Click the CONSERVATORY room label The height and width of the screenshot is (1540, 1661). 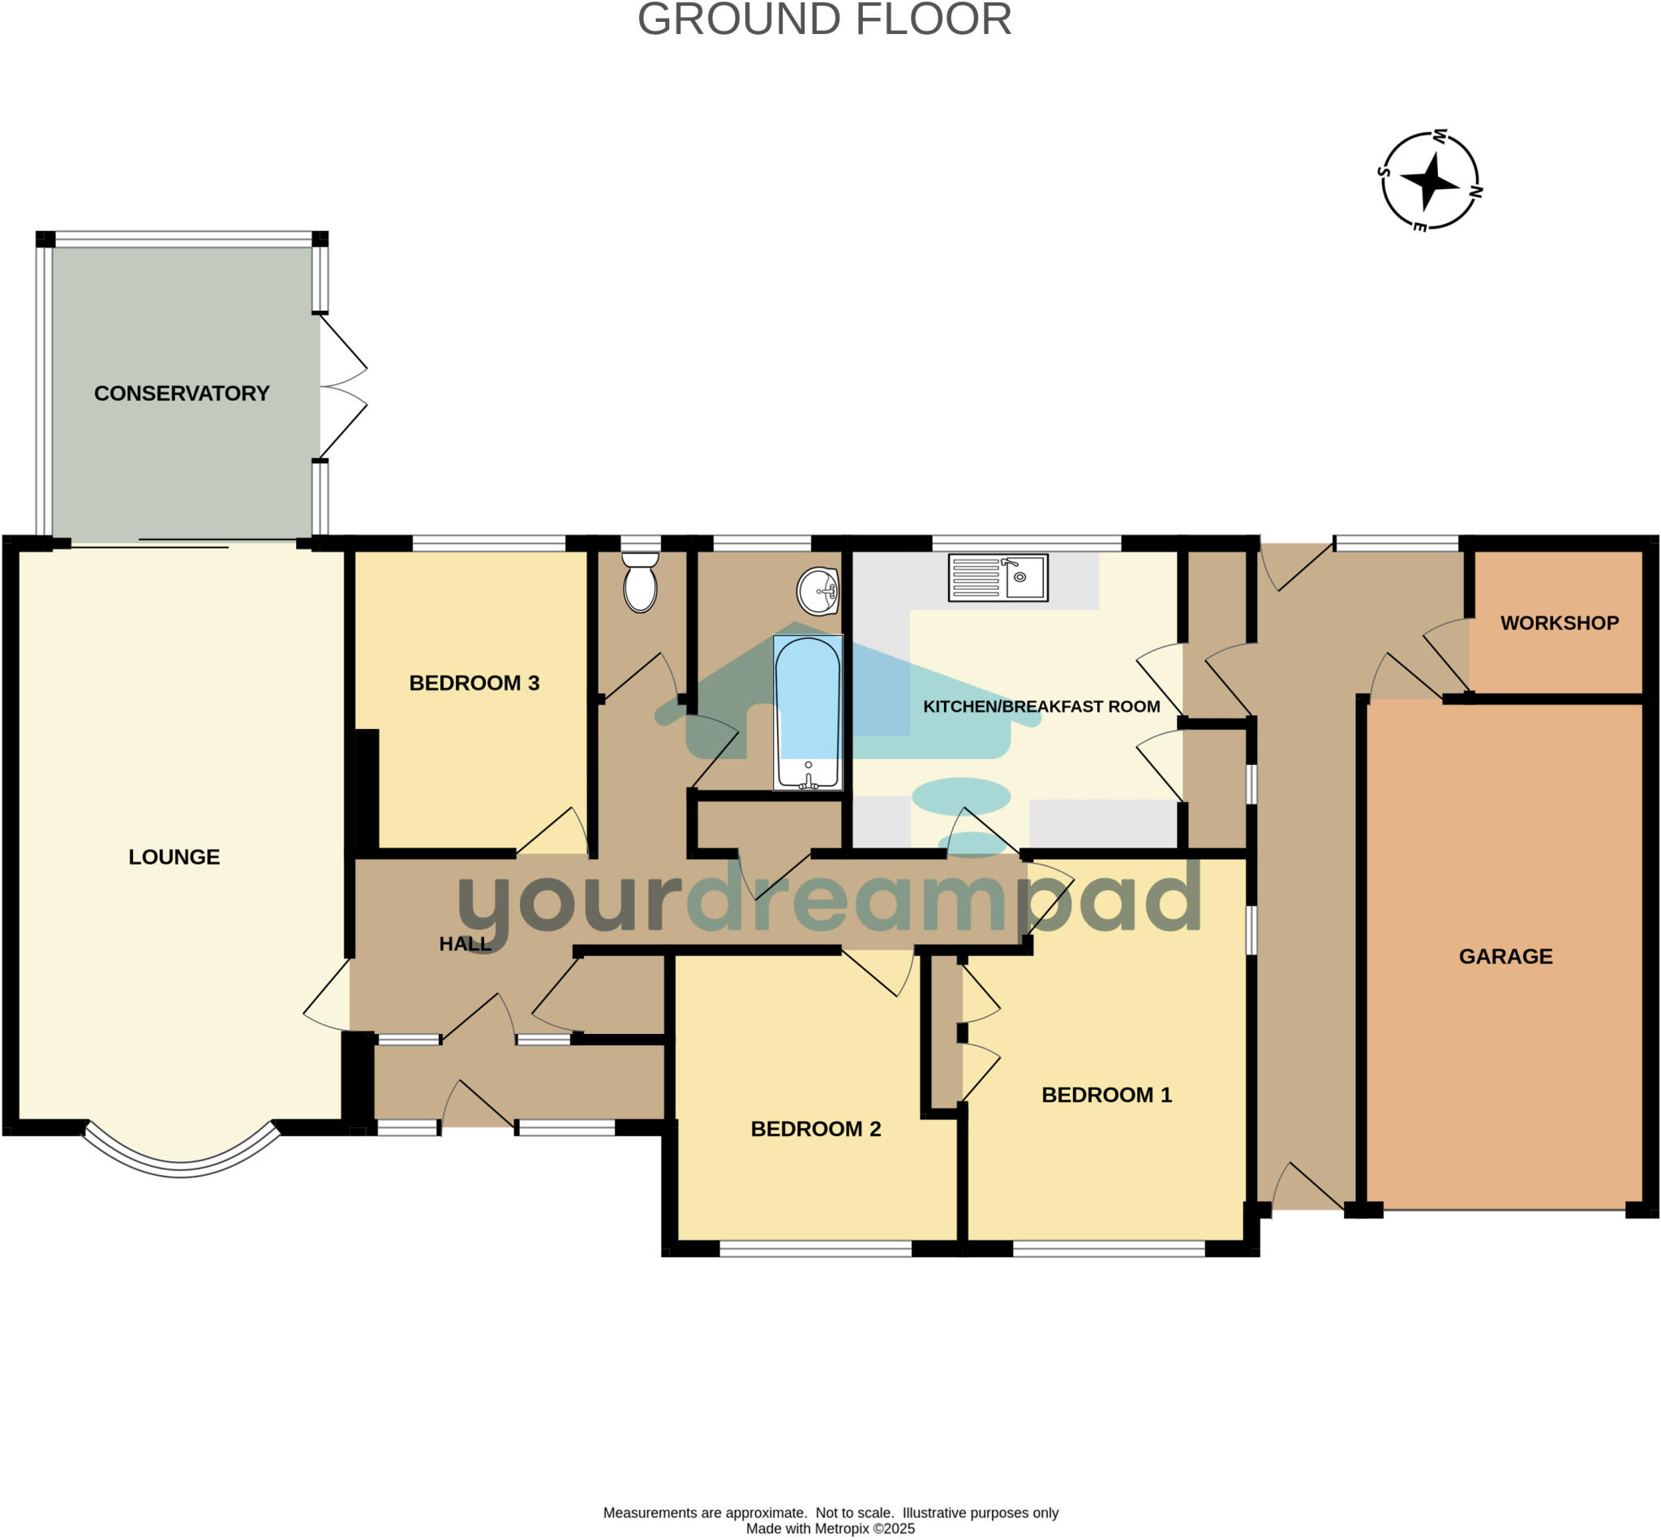182,393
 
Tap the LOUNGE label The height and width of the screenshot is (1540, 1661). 174,856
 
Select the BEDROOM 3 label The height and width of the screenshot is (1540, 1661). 474,684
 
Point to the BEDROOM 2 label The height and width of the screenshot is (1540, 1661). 816,1129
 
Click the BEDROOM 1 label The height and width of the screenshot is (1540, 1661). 1107,1095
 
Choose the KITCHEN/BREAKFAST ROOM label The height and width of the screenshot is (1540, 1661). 1041,706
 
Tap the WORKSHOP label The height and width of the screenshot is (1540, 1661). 1560,624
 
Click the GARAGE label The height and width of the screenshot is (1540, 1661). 1506,957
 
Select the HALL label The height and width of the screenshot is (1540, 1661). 465,944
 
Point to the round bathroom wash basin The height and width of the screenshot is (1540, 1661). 818,591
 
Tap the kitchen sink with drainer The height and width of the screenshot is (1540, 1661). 998,577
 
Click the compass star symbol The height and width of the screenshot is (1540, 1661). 1429,180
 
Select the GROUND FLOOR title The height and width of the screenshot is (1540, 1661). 824,20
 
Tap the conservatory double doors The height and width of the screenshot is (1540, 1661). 342,386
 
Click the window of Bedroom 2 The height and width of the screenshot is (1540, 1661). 816,1248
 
